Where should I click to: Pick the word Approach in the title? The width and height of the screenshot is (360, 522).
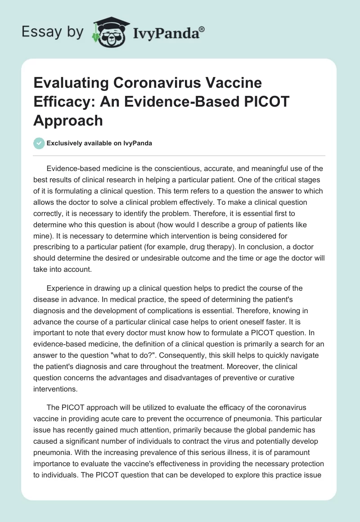(68, 120)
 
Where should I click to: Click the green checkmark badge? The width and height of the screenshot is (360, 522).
(39, 143)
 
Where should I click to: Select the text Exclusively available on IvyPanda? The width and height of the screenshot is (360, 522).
(99, 143)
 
